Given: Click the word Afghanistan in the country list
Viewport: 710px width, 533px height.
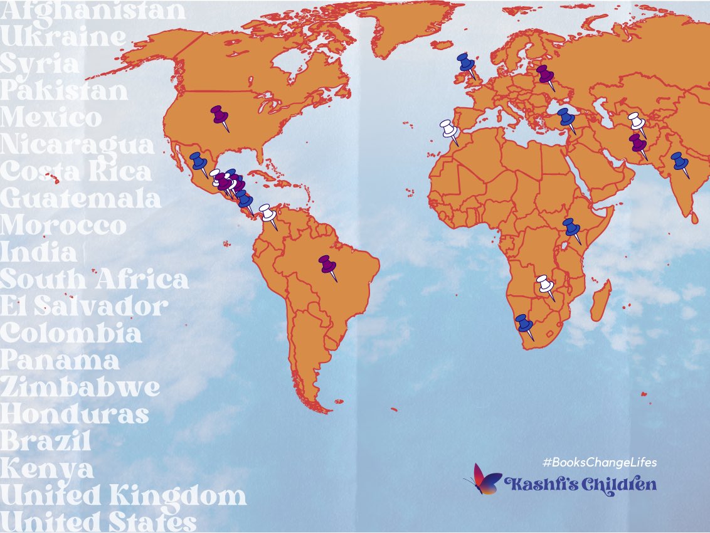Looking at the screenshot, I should tap(93, 11).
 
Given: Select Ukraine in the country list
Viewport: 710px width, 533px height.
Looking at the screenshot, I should tap(63, 37).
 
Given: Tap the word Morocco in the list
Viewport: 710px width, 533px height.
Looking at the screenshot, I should tap(63, 226).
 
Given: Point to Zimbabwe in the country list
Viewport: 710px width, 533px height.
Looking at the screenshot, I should tap(80, 388).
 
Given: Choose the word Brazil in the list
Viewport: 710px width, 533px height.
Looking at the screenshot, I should tap(46, 441).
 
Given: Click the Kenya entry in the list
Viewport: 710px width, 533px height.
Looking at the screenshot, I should tap(47, 468).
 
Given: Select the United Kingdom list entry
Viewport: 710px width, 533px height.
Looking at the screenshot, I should tap(123, 495).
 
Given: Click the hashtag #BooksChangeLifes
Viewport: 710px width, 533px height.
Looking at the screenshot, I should tap(600, 462).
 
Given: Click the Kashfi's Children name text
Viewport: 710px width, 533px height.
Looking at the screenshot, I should tap(580, 484).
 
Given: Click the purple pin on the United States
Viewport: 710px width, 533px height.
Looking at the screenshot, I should tap(220, 115).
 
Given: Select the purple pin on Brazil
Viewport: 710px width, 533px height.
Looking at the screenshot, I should tap(327, 265).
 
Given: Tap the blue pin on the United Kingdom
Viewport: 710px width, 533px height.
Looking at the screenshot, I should tap(465, 62).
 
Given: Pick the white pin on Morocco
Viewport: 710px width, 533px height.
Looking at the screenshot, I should tap(449, 129).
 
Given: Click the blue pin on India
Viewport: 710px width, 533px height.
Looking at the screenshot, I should tap(679, 162).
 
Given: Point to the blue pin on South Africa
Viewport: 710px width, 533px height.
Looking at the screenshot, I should tap(524, 324).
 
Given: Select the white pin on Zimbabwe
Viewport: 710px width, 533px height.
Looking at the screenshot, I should tap(545, 285).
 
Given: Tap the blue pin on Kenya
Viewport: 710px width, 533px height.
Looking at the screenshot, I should tap(571, 227).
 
